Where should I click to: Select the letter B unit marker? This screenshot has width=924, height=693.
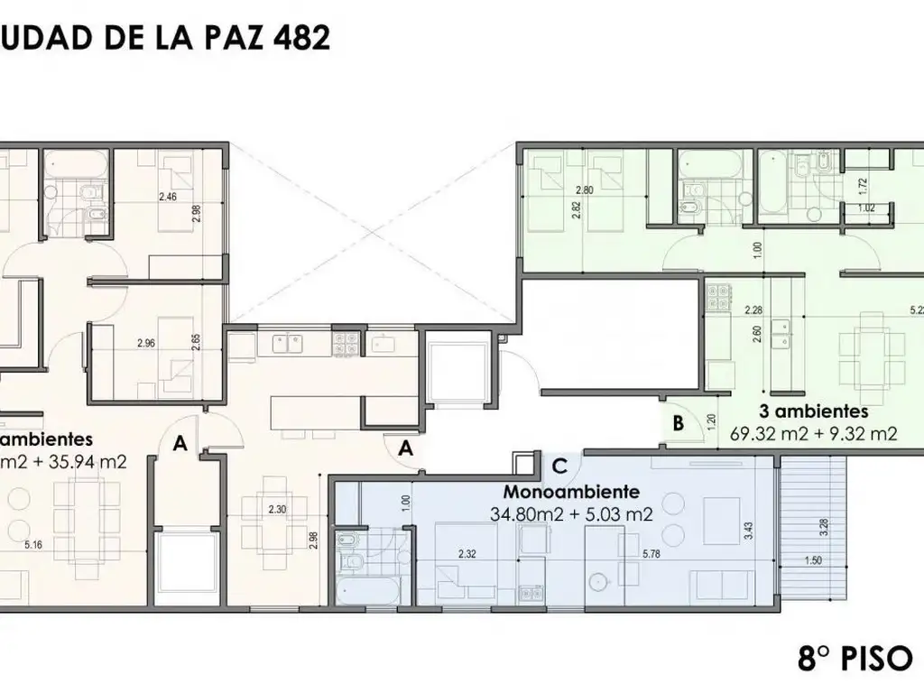pyautogui.click(x=677, y=422)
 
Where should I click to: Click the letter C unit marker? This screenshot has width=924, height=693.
pyautogui.click(x=559, y=466)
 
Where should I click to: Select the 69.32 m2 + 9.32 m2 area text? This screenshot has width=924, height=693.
pyautogui.click(x=813, y=434)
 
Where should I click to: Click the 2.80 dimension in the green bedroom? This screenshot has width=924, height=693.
pyautogui.click(x=584, y=190)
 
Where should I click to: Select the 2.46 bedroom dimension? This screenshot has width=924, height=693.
pyautogui.click(x=168, y=196)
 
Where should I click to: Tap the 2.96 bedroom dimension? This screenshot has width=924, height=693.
pyautogui.click(x=146, y=343)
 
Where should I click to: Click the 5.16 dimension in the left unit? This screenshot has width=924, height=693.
pyautogui.click(x=33, y=544)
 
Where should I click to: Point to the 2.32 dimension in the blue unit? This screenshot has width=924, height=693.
pyautogui.click(x=467, y=553)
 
